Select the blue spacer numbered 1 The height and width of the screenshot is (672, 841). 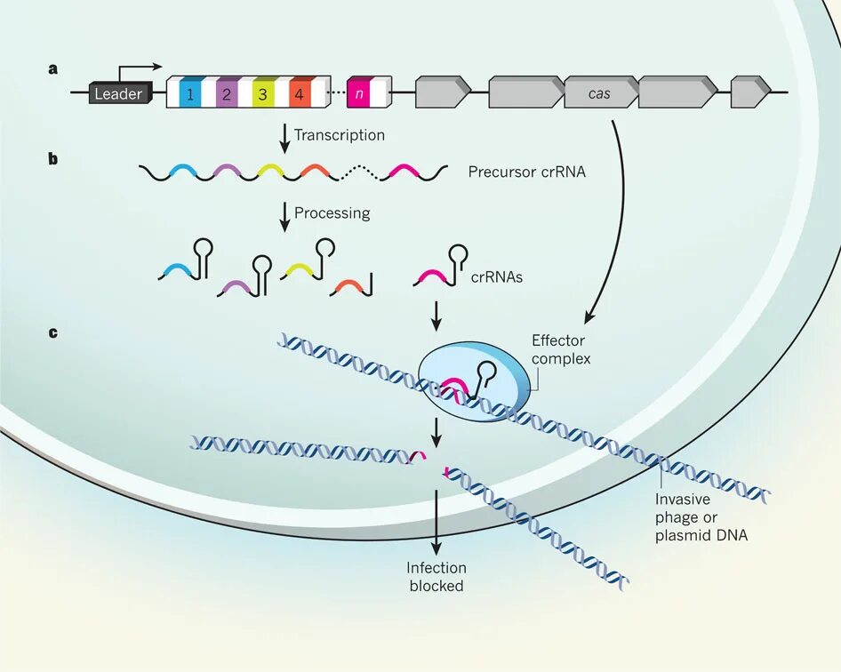189,92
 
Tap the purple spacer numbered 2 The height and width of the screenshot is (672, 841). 226,92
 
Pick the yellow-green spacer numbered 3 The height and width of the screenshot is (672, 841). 262,92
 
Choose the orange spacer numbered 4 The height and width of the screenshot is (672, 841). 299,92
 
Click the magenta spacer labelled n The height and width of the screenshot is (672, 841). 358,92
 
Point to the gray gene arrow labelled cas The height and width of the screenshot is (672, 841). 600,92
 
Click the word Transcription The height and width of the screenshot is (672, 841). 340,135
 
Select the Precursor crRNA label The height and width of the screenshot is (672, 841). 527,172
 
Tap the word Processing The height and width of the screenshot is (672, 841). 332,213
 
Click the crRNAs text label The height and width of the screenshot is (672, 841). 497,276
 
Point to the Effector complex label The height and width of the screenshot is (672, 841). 561,349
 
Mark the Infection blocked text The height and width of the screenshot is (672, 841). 437,577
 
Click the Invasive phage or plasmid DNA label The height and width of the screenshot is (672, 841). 701,517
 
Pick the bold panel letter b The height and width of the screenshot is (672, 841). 53,160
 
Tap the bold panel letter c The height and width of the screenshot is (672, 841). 53,332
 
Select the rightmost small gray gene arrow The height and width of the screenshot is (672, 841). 749,92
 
